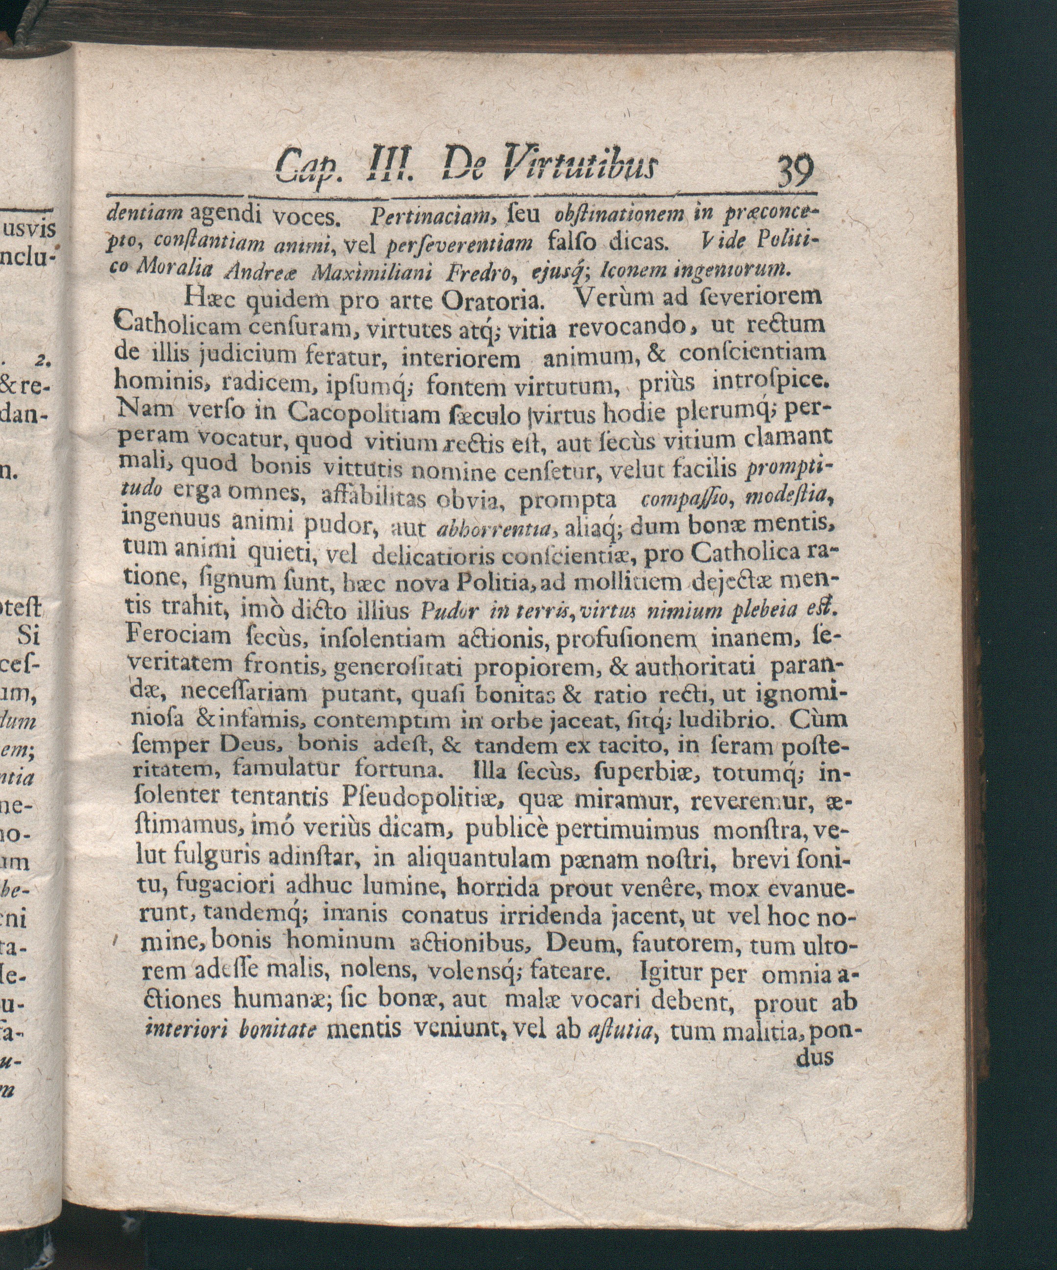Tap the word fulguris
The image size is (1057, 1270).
pos(217,856)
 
